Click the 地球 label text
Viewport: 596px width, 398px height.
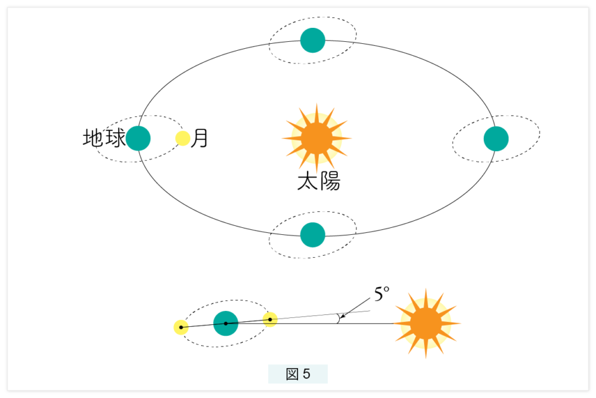(103, 138)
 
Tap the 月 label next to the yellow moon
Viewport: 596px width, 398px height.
(200, 138)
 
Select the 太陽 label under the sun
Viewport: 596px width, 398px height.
(318, 182)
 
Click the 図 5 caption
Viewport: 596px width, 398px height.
(298, 374)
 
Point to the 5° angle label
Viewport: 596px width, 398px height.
(380, 294)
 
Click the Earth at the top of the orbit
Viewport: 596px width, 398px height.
(313, 40)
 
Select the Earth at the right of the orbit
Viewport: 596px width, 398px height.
(496, 138)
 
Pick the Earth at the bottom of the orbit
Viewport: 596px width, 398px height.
(313, 235)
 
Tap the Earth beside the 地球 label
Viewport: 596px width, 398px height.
(138, 138)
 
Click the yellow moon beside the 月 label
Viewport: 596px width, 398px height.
(183, 138)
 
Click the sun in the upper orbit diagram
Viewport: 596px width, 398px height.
(316, 137)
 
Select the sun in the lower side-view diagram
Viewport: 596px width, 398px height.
(426, 324)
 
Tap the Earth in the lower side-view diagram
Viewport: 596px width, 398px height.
(225, 323)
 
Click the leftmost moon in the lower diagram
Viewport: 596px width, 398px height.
(181, 328)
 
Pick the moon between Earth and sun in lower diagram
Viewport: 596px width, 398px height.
(270, 319)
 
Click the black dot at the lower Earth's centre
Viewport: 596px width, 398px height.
(225, 323)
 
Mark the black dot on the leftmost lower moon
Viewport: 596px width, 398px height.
(181, 328)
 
